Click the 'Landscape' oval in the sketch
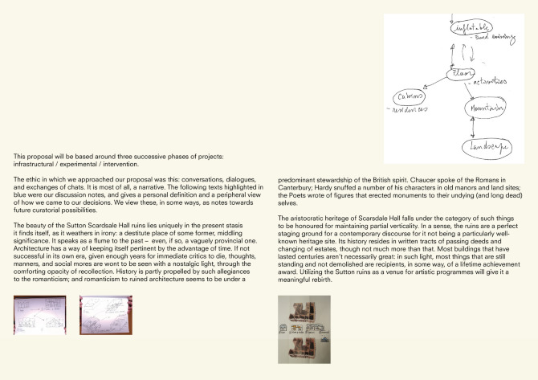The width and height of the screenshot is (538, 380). [x=482, y=148]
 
